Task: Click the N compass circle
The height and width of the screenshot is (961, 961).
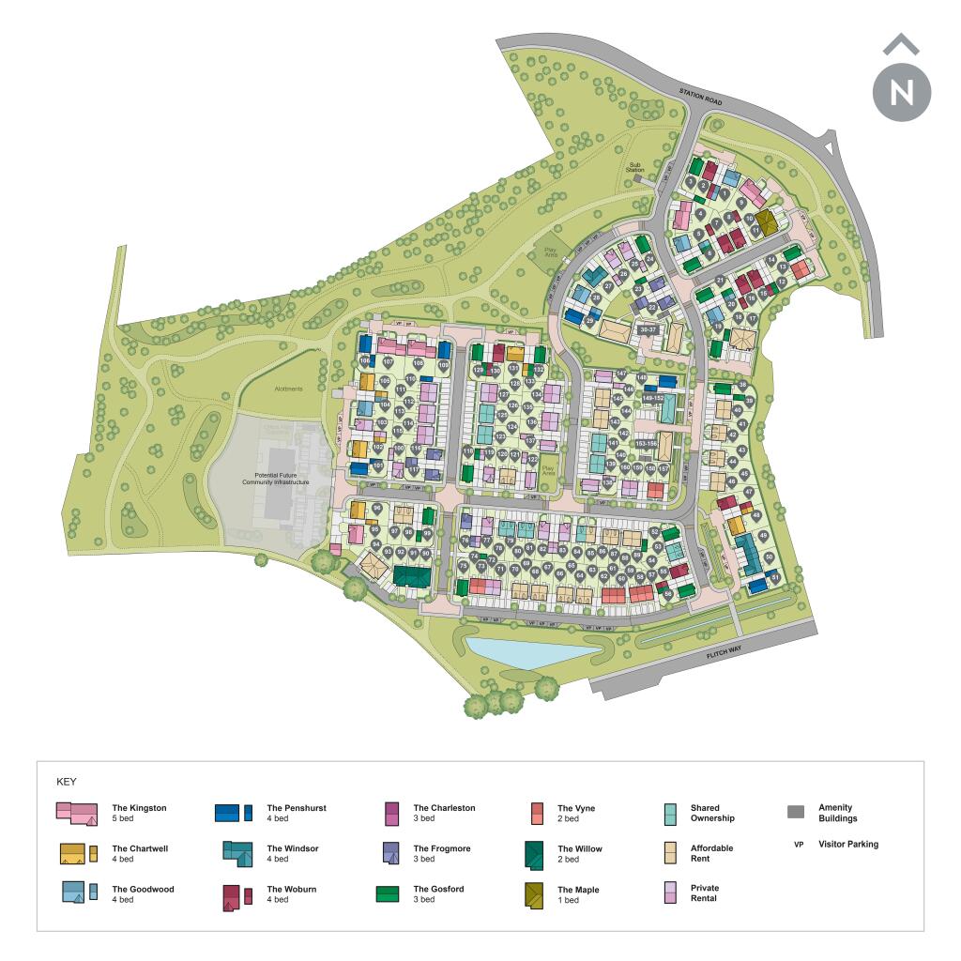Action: coord(901,92)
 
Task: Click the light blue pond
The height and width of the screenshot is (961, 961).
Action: coord(530,648)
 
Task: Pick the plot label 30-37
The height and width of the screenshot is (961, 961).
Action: coord(648,329)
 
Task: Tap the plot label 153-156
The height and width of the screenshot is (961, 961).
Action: coord(647,444)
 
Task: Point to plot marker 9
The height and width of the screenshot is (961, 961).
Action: coord(741,201)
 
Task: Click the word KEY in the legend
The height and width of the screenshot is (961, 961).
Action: coord(67,781)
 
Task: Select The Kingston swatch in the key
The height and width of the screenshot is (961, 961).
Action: coord(77,813)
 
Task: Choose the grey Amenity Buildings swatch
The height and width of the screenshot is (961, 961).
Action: coord(796,813)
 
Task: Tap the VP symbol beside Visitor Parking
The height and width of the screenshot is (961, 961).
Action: coord(799,845)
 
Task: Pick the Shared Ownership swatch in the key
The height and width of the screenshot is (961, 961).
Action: coord(670,813)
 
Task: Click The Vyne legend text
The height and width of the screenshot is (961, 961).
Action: coord(576,808)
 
